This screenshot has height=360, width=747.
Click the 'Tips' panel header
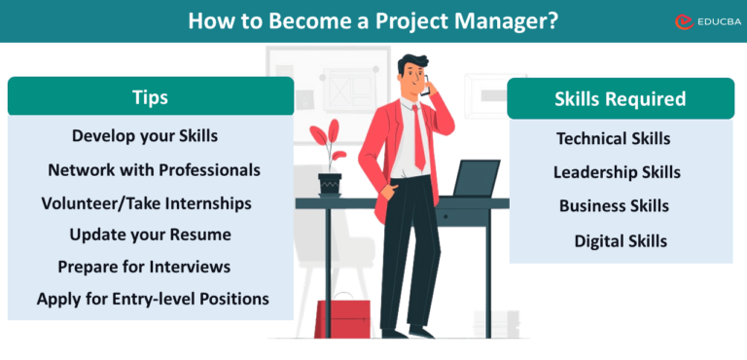click(x=150, y=97)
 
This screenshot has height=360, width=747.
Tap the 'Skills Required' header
click(x=620, y=98)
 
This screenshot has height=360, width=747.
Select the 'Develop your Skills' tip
click(x=145, y=135)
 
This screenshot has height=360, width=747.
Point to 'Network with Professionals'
click(x=154, y=169)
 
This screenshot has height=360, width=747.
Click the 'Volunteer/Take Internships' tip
click(x=146, y=202)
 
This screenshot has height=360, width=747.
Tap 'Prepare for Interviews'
click(x=144, y=266)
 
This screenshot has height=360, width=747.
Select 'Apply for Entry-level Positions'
click(x=153, y=298)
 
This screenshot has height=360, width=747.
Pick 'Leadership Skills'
click(x=617, y=172)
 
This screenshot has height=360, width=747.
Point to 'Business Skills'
click(x=614, y=205)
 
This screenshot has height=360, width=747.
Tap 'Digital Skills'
click(x=621, y=240)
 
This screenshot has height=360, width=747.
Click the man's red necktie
click(x=419, y=136)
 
